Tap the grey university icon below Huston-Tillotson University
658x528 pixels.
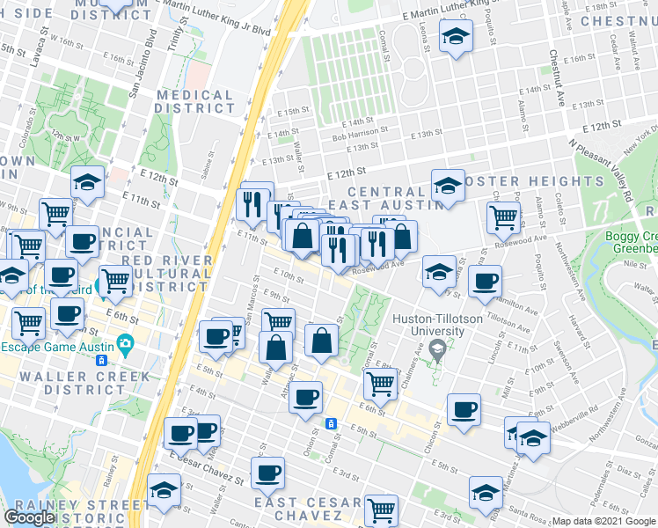[437, 350]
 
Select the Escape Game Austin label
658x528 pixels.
[59, 346]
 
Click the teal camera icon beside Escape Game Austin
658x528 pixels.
[127, 342]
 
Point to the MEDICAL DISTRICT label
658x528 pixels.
[194, 101]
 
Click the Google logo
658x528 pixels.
[29, 517]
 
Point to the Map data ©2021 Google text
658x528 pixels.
[603, 521]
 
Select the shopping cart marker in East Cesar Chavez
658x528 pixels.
[381, 509]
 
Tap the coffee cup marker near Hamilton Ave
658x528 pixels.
[484, 282]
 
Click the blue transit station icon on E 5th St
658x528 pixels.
[331, 423]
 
